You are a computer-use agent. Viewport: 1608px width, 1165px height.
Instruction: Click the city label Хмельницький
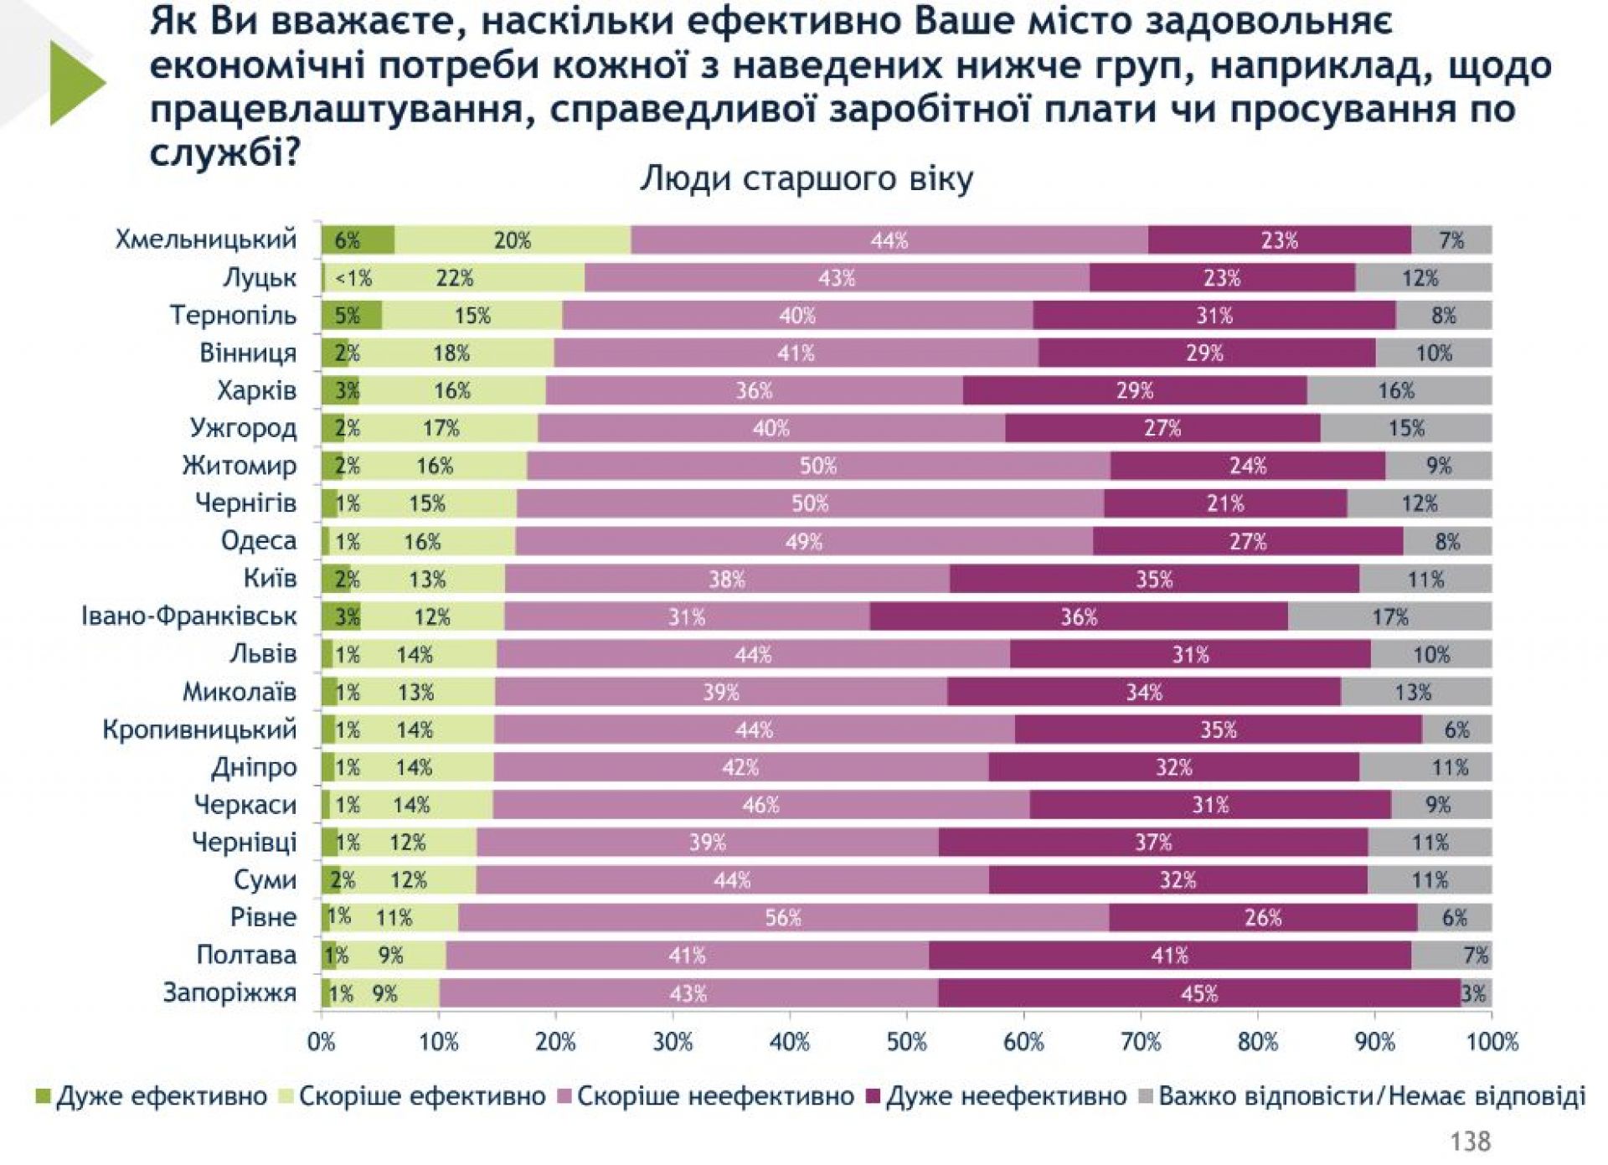pyautogui.click(x=206, y=240)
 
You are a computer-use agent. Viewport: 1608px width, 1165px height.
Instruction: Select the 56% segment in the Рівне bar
pyautogui.click(x=783, y=918)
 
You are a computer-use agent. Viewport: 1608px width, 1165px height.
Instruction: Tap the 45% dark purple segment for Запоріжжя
pyautogui.click(x=1198, y=993)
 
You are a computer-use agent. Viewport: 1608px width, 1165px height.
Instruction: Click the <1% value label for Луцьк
pyautogui.click(x=353, y=278)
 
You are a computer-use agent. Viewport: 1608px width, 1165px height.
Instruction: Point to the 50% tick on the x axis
pyautogui.click(x=906, y=1042)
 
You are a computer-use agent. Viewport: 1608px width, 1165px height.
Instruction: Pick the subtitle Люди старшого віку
pyautogui.click(x=807, y=179)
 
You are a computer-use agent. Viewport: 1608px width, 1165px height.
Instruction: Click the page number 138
pyautogui.click(x=1470, y=1141)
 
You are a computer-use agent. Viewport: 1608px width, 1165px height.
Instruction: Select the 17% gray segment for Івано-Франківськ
pyautogui.click(x=1389, y=617)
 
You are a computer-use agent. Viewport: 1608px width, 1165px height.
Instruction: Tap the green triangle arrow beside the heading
pyautogui.click(x=77, y=83)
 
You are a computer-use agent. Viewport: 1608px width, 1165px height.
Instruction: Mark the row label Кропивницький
pyautogui.click(x=199, y=729)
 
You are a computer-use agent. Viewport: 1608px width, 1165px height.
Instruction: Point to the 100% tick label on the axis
pyautogui.click(x=1492, y=1042)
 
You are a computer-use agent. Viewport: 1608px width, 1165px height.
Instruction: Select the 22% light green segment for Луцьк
pyautogui.click(x=455, y=278)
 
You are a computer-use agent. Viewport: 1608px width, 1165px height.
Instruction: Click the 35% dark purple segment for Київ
pyautogui.click(x=1154, y=580)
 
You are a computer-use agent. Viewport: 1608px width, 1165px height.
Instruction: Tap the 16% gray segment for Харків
pyautogui.click(x=1396, y=390)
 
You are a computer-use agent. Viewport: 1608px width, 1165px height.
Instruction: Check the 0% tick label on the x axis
pyautogui.click(x=322, y=1042)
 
